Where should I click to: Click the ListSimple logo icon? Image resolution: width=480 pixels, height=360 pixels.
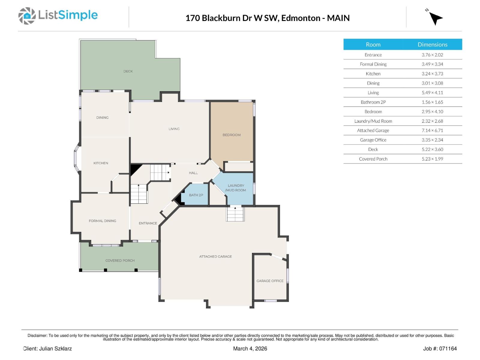click(x=27, y=16)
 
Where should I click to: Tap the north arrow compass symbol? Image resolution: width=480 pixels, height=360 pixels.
click(x=435, y=18)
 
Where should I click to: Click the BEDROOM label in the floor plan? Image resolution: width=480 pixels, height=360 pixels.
click(x=232, y=135)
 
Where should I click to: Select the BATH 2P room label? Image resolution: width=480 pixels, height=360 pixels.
click(x=196, y=195)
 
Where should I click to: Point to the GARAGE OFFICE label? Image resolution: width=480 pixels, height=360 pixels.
click(x=270, y=281)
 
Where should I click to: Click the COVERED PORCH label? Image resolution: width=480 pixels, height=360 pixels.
click(x=120, y=260)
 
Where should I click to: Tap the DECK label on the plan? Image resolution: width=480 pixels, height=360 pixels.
click(x=128, y=71)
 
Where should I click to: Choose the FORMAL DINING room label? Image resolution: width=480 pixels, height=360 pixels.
click(x=102, y=221)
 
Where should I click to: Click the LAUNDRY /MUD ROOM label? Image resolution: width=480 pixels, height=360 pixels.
click(x=236, y=188)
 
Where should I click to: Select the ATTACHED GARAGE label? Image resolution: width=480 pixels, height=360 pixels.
click(x=215, y=256)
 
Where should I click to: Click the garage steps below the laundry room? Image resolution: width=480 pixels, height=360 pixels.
click(x=235, y=214)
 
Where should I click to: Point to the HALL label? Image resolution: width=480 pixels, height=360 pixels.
click(x=193, y=173)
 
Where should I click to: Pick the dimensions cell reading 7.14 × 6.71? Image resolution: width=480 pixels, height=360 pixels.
click(x=432, y=130)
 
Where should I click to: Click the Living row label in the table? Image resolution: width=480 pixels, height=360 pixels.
click(x=373, y=93)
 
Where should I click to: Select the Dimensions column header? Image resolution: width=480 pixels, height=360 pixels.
click(x=432, y=44)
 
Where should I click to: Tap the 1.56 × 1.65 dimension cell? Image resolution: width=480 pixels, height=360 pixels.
click(x=432, y=102)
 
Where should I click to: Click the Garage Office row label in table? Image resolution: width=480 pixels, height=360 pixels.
click(x=373, y=140)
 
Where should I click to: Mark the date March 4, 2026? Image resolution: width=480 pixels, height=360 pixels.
click(x=250, y=349)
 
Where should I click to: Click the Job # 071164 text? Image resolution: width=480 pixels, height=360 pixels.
click(x=440, y=349)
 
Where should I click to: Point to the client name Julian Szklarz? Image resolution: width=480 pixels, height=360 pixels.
click(x=55, y=349)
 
